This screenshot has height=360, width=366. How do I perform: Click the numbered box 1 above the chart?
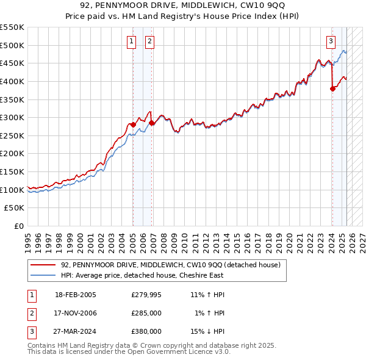pos(131,41)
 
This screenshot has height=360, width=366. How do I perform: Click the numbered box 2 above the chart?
pos(149,41)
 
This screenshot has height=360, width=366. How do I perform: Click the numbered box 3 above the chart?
pos(331,41)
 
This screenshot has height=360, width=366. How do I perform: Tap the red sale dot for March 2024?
pos(332,88)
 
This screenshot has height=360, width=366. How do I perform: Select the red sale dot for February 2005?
pos(133,124)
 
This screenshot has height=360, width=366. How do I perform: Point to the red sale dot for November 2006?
pos(152,123)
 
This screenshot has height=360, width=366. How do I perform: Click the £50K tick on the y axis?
pos(16,208)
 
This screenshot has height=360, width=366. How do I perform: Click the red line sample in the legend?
pos(43,265)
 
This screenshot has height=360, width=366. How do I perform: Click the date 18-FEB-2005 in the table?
pos(76,295)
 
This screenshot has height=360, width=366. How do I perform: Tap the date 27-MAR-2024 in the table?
pos(76,331)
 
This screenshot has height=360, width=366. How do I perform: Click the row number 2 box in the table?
pos(31,313)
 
